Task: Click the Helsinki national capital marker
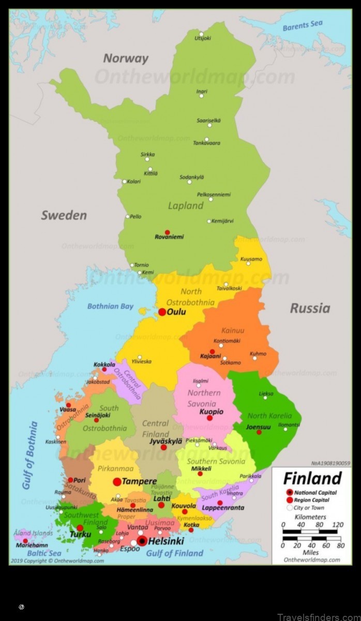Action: tap(142, 541)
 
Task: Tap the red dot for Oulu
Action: tap(162, 312)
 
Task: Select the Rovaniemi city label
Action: tap(169, 237)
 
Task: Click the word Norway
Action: tap(125, 58)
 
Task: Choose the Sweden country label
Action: tap(64, 215)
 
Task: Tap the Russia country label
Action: tap(309, 308)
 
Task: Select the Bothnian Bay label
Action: tap(110, 306)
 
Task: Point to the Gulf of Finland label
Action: tap(175, 553)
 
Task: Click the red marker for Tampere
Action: tap(117, 482)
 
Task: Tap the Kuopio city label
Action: tap(212, 412)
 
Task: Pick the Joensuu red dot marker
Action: tap(259, 432)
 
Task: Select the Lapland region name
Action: tap(186, 205)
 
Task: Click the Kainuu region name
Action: tap(233, 331)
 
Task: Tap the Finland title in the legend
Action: tap(312, 478)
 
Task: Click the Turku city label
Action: tap(80, 535)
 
